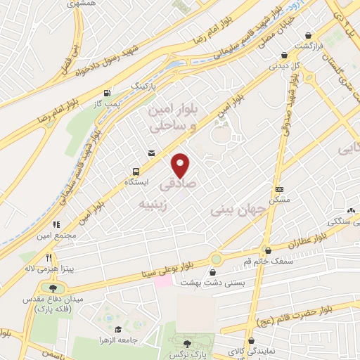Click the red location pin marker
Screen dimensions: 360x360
[x=181, y=165]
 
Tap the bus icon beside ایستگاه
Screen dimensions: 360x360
[x=135, y=171]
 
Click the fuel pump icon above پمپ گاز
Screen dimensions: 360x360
[x=107, y=93]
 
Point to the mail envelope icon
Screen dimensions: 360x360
[x=150, y=153]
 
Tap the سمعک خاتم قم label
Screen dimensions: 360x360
[x=267, y=261]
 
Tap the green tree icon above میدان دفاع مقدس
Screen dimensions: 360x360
[x=53, y=287]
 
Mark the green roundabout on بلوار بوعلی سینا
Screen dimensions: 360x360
[x=215, y=259]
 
